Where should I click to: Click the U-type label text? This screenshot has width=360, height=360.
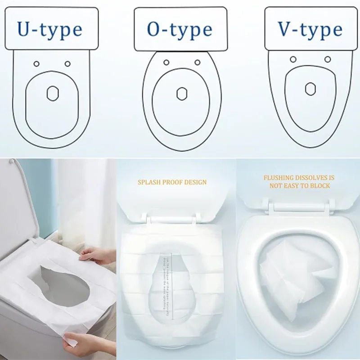[x=49, y=29]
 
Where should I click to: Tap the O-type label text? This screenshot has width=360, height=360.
[x=180, y=29]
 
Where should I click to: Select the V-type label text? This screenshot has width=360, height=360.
[x=310, y=29]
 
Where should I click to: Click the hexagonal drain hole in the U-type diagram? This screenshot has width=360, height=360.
[x=52, y=93]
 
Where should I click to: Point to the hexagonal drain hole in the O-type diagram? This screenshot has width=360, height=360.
[x=182, y=94]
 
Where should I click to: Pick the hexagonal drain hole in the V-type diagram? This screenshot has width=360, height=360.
[x=310, y=89]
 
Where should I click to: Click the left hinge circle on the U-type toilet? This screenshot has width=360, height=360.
[x=36, y=63]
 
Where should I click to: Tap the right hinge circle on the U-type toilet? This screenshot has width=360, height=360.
[x=67, y=63]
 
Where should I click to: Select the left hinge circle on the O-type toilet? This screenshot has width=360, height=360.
[x=166, y=62]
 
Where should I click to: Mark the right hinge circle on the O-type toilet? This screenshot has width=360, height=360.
[x=197, y=62]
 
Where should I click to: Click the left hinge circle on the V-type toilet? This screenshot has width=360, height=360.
[x=293, y=59]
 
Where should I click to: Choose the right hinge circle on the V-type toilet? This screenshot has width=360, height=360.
[x=328, y=59]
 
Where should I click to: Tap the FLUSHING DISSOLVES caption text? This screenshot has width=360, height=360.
[x=299, y=181]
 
